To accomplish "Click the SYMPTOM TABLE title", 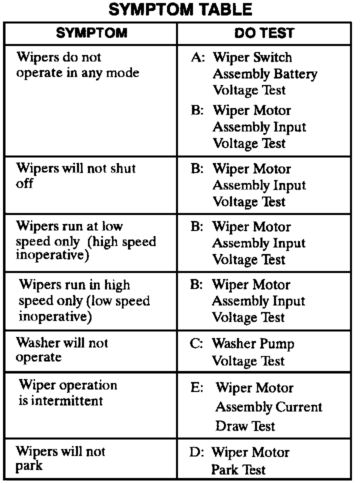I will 180,9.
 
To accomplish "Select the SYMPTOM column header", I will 91,33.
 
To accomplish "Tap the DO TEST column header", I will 264,33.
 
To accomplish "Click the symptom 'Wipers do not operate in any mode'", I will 78,65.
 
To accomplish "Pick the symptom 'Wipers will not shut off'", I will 76,175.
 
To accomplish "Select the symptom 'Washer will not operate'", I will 62,350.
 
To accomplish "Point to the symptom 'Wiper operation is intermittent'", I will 68,393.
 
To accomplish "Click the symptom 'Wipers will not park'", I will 60,458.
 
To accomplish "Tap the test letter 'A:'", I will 198,57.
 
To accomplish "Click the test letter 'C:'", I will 198,344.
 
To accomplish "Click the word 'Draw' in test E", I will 231,426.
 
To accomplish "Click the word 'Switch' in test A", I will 271,57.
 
